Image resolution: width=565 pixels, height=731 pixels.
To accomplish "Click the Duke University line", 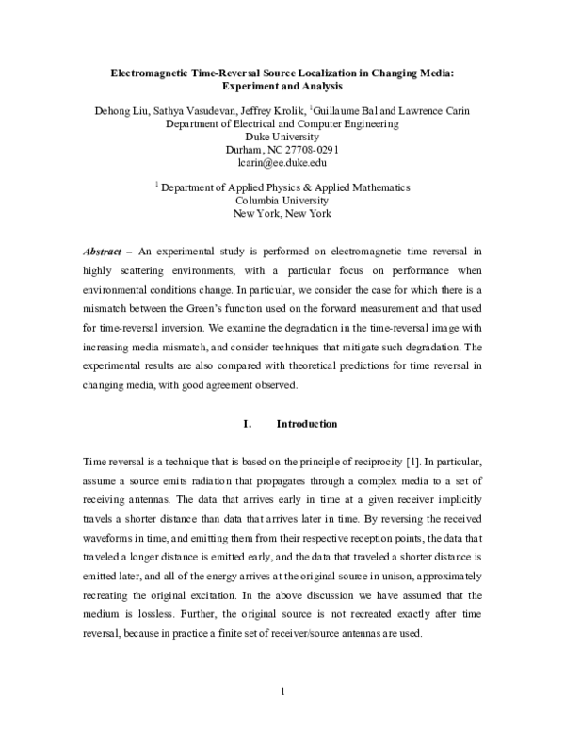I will (282, 137).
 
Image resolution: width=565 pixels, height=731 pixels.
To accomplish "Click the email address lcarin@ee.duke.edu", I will (282, 162).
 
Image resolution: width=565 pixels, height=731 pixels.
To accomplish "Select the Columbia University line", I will (282, 201).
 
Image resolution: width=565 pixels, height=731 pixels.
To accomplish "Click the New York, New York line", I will (282, 214).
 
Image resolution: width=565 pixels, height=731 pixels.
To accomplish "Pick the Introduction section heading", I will (306, 424).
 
